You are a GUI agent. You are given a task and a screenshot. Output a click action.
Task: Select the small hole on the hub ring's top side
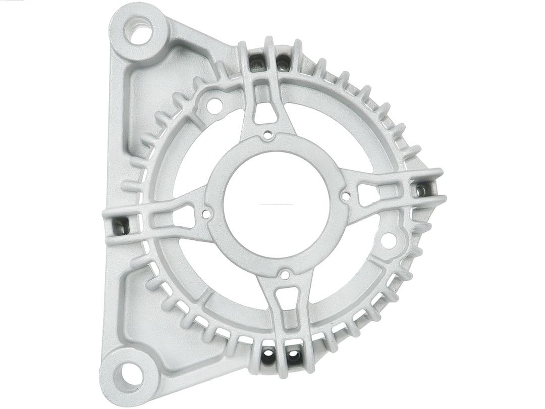tap(268, 135)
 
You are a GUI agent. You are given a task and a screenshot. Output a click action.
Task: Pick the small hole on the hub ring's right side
tap(346, 194)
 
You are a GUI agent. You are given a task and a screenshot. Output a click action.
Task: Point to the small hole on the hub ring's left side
tap(206, 214)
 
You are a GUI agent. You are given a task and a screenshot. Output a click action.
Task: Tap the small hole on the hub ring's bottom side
tap(285, 275)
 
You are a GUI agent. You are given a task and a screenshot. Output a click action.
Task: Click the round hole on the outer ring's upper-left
tap(214, 106)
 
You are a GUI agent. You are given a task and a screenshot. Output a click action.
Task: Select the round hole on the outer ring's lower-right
tap(388, 240)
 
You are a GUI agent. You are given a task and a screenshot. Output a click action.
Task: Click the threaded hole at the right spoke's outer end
tap(421, 189)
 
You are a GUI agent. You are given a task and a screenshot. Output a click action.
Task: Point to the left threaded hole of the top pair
tap(257, 63)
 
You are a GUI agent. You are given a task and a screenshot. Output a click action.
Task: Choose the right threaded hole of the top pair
tap(284, 63)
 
